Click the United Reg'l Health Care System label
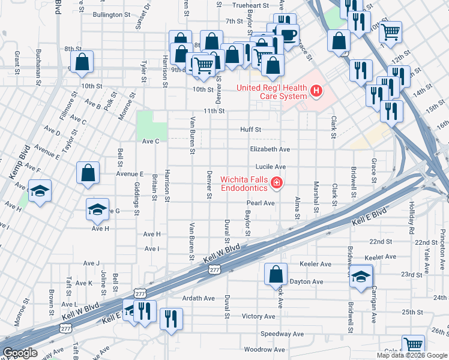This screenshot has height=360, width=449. point(271,88)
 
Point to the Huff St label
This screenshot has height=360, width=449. point(250,129)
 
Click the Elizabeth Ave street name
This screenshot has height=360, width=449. point(270,149)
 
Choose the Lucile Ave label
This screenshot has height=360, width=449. point(272,167)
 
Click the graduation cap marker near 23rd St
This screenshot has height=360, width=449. point(361,277)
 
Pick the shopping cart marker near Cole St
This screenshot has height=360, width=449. point(413,345)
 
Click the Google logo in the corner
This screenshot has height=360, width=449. point(20,353)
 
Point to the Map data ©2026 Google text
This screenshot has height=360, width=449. point(412,355)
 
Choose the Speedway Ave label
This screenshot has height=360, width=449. point(282,334)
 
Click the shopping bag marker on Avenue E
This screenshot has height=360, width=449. point(88,172)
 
